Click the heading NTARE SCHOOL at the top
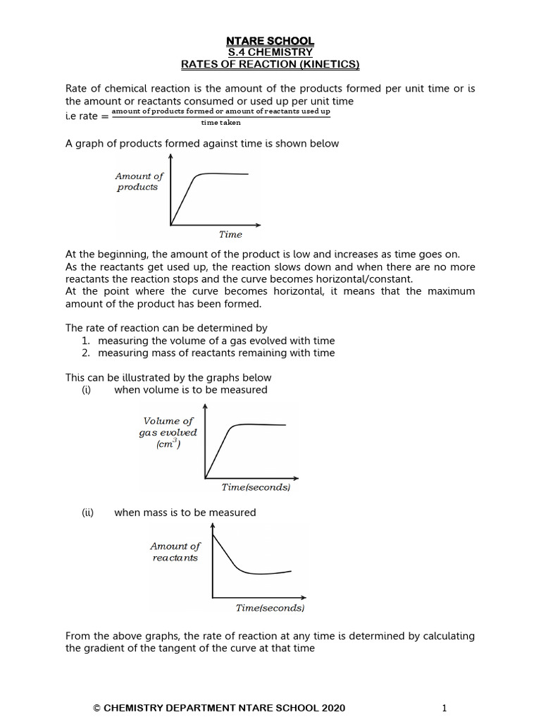pos(270,42)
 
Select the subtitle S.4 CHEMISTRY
pos(270,53)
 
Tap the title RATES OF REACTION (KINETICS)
pos(270,65)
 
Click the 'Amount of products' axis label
pos(139,182)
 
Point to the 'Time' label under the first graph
pos(230,235)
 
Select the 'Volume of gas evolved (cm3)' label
pos(168,432)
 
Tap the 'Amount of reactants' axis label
pos(175,551)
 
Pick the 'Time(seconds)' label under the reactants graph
pos(270,608)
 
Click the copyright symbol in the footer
pos(98,708)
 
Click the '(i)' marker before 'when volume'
pos(87,390)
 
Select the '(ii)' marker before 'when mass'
pos(88,513)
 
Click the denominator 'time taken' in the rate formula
pos(220,123)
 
